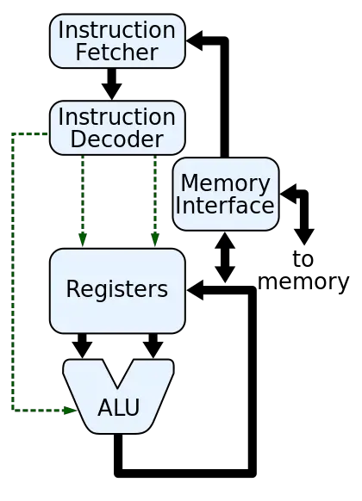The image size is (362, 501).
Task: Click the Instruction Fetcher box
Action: coord(117,40)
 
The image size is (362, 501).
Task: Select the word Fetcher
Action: coord(117,53)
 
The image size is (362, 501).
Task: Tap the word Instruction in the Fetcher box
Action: coord(117,30)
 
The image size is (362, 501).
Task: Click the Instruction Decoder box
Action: coord(117,128)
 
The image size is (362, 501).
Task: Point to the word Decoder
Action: coord(117,139)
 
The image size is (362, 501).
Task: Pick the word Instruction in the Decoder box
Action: coord(117,117)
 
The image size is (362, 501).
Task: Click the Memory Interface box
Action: coord(226,195)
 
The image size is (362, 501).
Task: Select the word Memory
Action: coord(226,183)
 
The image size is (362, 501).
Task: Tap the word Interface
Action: coord(226,206)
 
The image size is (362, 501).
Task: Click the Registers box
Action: coord(117,290)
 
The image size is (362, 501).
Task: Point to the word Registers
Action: coord(117,289)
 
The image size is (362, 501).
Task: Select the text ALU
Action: coord(118,408)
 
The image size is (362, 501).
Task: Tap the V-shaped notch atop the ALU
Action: coord(118,372)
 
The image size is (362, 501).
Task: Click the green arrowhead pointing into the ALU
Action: coord(71,411)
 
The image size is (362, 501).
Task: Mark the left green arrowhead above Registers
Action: coord(83,241)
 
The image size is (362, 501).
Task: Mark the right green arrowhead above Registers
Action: coord(155,241)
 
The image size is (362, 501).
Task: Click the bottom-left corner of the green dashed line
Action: coord(11,411)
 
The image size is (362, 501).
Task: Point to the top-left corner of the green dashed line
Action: coord(11,133)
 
